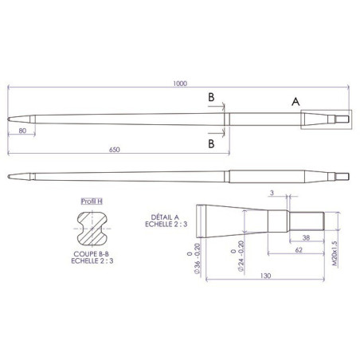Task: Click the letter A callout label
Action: click(295, 102)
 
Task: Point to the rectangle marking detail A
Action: click(325, 119)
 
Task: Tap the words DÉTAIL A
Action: click(165, 217)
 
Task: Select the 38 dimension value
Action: click(307, 237)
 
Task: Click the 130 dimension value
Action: click(265, 276)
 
